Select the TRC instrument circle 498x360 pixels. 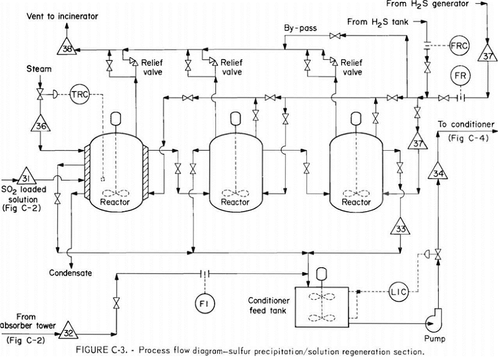click(80, 95)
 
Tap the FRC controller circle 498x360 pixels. click(459, 45)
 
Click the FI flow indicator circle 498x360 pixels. click(205, 304)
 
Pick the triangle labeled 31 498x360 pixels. click(26, 176)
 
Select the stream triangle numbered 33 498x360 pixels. click(400, 227)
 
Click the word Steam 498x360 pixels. click(39, 69)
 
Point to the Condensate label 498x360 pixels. click(70, 273)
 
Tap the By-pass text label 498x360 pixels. click(301, 28)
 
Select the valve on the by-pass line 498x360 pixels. click(335, 36)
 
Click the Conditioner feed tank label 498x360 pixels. click(269, 305)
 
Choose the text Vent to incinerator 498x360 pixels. click(62, 16)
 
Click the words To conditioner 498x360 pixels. click(466, 124)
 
